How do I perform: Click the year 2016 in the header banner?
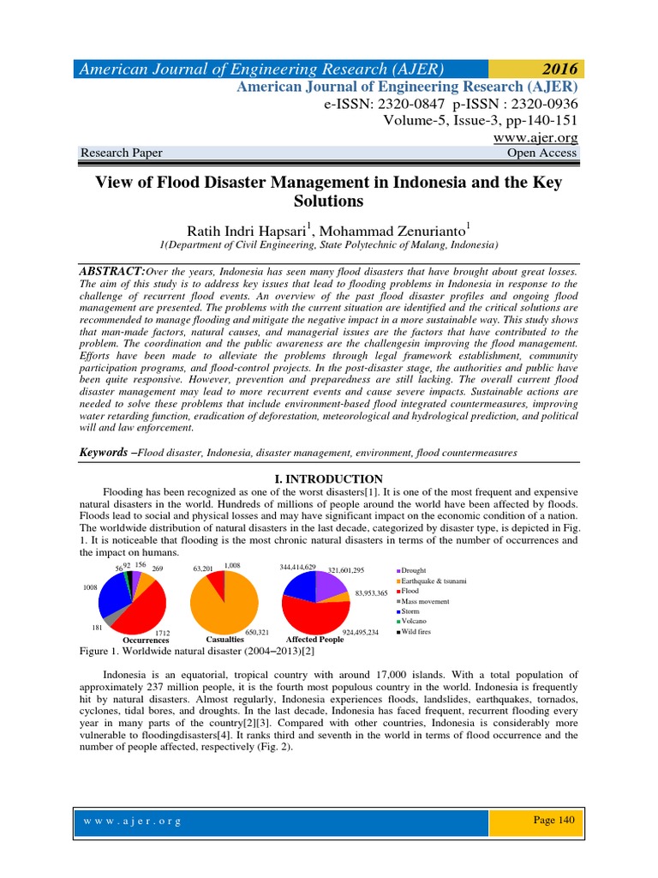(x=553, y=69)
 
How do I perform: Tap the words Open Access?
(x=542, y=153)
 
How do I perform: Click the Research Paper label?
(x=121, y=153)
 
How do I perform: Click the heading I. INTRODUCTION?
(x=328, y=478)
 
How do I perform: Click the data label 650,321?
(x=258, y=632)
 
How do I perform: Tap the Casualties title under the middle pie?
(x=225, y=640)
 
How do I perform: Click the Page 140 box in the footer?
(x=553, y=821)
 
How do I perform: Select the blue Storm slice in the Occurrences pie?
(x=111, y=595)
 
